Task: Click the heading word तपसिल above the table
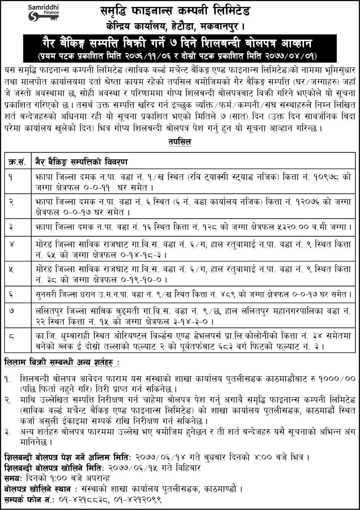(180, 142)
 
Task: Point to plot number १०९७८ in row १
(319, 177)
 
